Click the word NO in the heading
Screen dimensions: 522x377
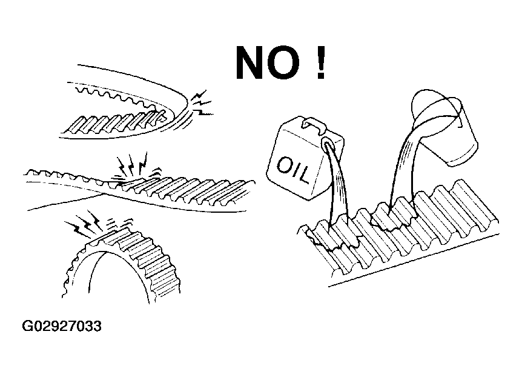click(265, 63)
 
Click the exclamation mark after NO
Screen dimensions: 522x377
click(320, 63)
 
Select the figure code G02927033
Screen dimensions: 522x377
click(61, 327)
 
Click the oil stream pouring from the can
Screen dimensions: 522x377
click(338, 188)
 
